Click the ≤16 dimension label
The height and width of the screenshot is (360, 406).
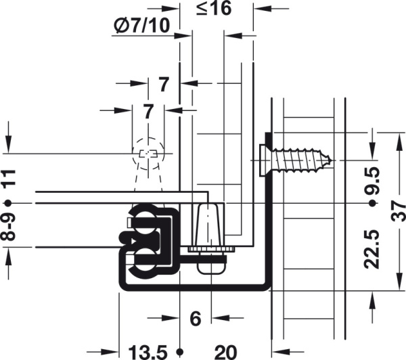tap(214, 8)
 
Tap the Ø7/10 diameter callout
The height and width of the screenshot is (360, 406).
tap(142, 26)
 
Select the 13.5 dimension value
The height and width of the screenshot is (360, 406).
tap(148, 353)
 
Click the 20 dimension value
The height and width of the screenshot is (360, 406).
tap(225, 353)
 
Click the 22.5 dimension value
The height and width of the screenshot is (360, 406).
tap(371, 249)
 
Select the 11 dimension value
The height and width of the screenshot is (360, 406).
tap(9, 178)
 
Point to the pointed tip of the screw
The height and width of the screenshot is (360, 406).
tap(332, 160)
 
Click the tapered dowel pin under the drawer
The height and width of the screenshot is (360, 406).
tap(208, 225)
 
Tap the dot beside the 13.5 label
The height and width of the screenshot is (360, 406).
tap(180, 352)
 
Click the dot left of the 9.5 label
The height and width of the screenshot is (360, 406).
tap(372, 203)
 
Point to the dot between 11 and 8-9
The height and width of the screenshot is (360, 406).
tap(8, 203)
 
